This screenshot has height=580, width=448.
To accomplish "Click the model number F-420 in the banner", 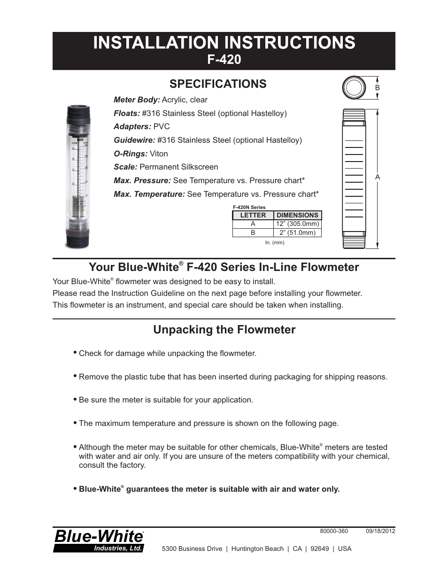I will (x=224, y=60).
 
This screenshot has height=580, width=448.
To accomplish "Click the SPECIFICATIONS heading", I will (x=218, y=84).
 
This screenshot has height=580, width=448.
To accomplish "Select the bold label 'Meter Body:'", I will (x=137, y=100).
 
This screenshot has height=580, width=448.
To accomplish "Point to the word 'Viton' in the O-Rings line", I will (x=159, y=154).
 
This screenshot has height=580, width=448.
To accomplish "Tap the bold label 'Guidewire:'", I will (x=134, y=140).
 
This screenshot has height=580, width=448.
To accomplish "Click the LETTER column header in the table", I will (x=253, y=215).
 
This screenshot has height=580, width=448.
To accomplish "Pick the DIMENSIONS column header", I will (x=297, y=215).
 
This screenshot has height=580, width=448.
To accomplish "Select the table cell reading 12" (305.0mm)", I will (x=297, y=224).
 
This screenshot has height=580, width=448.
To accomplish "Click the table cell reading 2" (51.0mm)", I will (x=297, y=232).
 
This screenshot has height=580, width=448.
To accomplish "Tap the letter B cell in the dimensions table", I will (x=253, y=232).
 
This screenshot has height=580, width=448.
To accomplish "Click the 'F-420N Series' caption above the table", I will (x=249, y=207).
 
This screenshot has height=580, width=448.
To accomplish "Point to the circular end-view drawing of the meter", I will (x=354, y=88).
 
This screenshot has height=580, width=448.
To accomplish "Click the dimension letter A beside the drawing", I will (x=377, y=177).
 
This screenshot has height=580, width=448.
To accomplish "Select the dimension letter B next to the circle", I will (x=377, y=88).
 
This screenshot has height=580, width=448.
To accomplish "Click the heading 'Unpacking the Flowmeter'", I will (x=224, y=330).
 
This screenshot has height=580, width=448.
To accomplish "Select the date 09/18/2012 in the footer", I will (x=380, y=531).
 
